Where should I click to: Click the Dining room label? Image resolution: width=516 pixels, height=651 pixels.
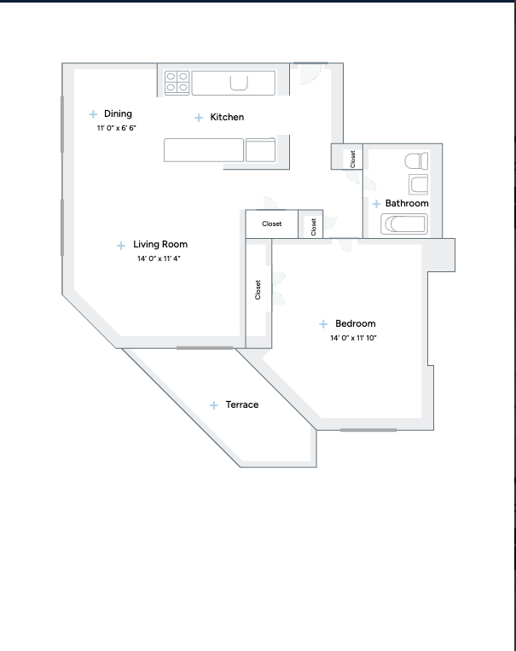click(x=118, y=113)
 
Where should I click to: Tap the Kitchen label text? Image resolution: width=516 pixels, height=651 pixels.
click(x=227, y=117)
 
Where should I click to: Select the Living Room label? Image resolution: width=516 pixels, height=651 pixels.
click(x=160, y=244)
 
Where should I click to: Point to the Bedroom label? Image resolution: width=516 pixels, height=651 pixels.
click(x=356, y=323)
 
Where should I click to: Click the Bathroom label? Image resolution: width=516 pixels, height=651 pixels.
click(x=407, y=203)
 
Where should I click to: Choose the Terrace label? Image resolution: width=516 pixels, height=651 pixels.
click(x=242, y=404)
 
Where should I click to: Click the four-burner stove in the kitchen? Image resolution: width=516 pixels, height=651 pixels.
click(x=177, y=83)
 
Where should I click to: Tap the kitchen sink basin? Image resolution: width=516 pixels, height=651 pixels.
click(x=239, y=83)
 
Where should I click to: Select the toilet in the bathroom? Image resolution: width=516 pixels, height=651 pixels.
click(x=416, y=161)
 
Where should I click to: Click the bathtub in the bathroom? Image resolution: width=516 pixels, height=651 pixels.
click(x=404, y=224)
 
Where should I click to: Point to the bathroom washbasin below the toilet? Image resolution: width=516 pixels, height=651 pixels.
click(x=419, y=184)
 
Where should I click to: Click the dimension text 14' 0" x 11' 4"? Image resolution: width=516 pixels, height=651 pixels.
click(x=159, y=259)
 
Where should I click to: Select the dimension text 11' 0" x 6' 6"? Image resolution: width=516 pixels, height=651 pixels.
click(x=117, y=128)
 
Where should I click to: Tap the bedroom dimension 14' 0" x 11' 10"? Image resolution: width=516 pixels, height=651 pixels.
click(x=353, y=338)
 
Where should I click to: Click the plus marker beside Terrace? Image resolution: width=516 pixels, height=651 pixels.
click(x=214, y=404)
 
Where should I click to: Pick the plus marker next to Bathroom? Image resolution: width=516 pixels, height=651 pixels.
click(x=376, y=203)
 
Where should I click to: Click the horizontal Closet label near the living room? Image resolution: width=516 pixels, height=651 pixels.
click(x=272, y=224)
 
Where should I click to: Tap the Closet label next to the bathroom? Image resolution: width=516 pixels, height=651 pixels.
click(x=353, y=159)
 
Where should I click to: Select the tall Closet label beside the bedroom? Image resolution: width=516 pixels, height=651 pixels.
click(x=258, y=290)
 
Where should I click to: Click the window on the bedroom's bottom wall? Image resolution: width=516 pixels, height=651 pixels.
click(x=368, y=430)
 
